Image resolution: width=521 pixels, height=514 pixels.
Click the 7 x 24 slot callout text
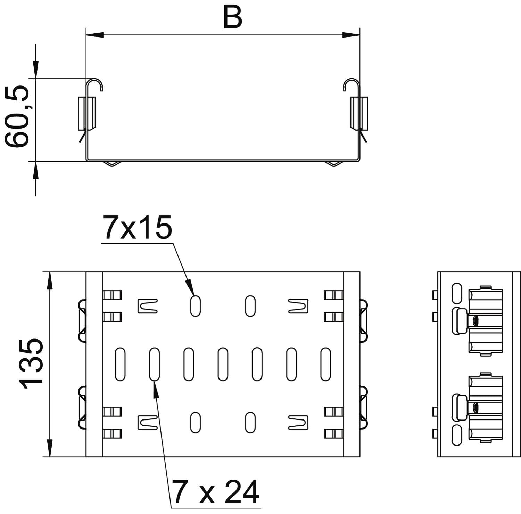pos(216,492)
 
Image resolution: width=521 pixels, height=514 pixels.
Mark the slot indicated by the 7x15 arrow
pos(196,306)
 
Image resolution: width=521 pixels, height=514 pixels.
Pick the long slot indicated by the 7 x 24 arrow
pos(154,364)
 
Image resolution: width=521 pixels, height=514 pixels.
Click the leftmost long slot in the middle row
pos(120,364)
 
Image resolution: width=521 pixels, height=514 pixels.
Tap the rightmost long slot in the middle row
pos(325,364)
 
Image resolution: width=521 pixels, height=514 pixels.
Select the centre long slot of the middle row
pos(223,364)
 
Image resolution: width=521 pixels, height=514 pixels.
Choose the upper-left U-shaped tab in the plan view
pos(148,306)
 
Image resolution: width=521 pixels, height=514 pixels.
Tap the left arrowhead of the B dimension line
pos(95,35)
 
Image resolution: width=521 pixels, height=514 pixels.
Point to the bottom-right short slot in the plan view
pos(250,422)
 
